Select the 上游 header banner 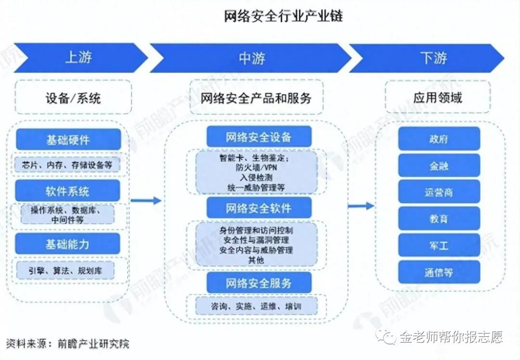point(79,58)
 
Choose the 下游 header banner point(426,58)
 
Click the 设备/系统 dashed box point(74,98)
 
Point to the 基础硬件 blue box point(68,140)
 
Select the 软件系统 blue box point(68,191)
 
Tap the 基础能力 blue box point(68,244)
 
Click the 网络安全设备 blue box point(259,137)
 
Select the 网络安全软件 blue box point(259,208)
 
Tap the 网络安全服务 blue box point(259,283)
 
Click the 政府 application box point(439,139)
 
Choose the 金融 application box point(439,166)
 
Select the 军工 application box point(439,245)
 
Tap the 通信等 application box point(439,272)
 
